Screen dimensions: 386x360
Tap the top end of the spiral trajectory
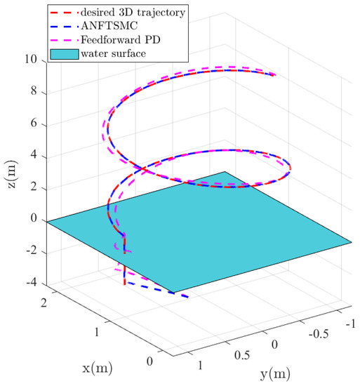point(275,75)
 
